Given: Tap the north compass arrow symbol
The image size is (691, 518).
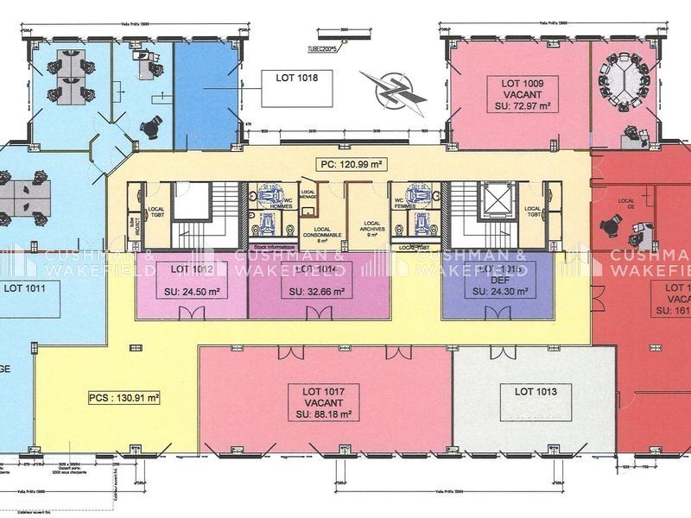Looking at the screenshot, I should [x=392, y=90].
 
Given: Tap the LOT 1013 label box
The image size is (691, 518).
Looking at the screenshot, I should [x=537, y=392].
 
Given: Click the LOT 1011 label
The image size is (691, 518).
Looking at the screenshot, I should [x=26, y=286].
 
